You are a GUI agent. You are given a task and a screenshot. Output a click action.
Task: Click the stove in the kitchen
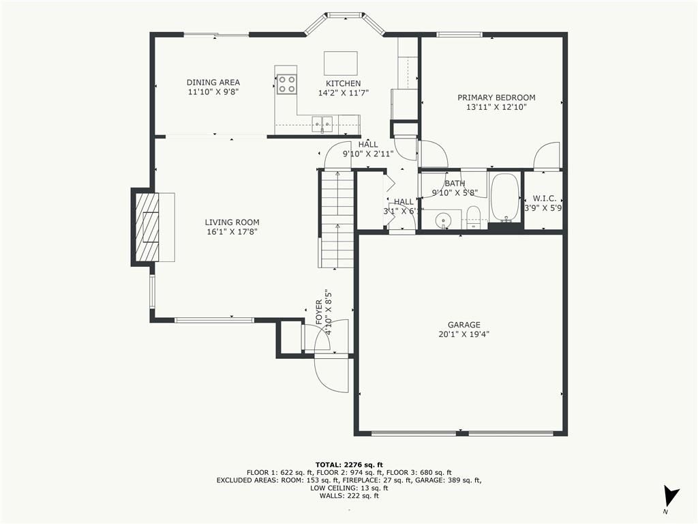tap(286, 84)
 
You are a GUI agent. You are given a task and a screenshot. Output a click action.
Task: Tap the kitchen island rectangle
tap(341, 63)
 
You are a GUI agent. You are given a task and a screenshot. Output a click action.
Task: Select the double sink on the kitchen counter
tap(322, 121)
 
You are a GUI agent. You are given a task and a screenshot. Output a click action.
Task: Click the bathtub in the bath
tap(505, 197)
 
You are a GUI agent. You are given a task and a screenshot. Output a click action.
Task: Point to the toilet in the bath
tap(473, 218)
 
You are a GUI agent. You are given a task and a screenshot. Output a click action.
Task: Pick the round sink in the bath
tap(443, 220)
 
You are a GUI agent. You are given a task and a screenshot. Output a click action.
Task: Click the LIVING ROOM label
tap(232, 222)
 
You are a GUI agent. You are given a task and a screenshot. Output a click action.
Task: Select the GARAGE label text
tap(464, 325)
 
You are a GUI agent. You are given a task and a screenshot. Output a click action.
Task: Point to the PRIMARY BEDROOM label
tap(496, 98)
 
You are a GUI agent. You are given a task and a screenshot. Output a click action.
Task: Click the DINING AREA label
tap(213, 83)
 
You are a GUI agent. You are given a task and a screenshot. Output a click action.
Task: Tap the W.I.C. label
tap(545, 199)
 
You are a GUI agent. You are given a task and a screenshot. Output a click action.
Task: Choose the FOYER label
tap(319, 312)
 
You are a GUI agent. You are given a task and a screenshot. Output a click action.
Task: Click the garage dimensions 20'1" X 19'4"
tap(464, 334)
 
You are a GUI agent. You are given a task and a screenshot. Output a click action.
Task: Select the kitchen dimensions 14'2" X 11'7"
tap(344, 93)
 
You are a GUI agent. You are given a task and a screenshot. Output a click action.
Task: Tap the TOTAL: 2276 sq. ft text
tap(349, 465)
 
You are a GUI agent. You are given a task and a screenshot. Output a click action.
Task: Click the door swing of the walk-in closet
tap(547, 156)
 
